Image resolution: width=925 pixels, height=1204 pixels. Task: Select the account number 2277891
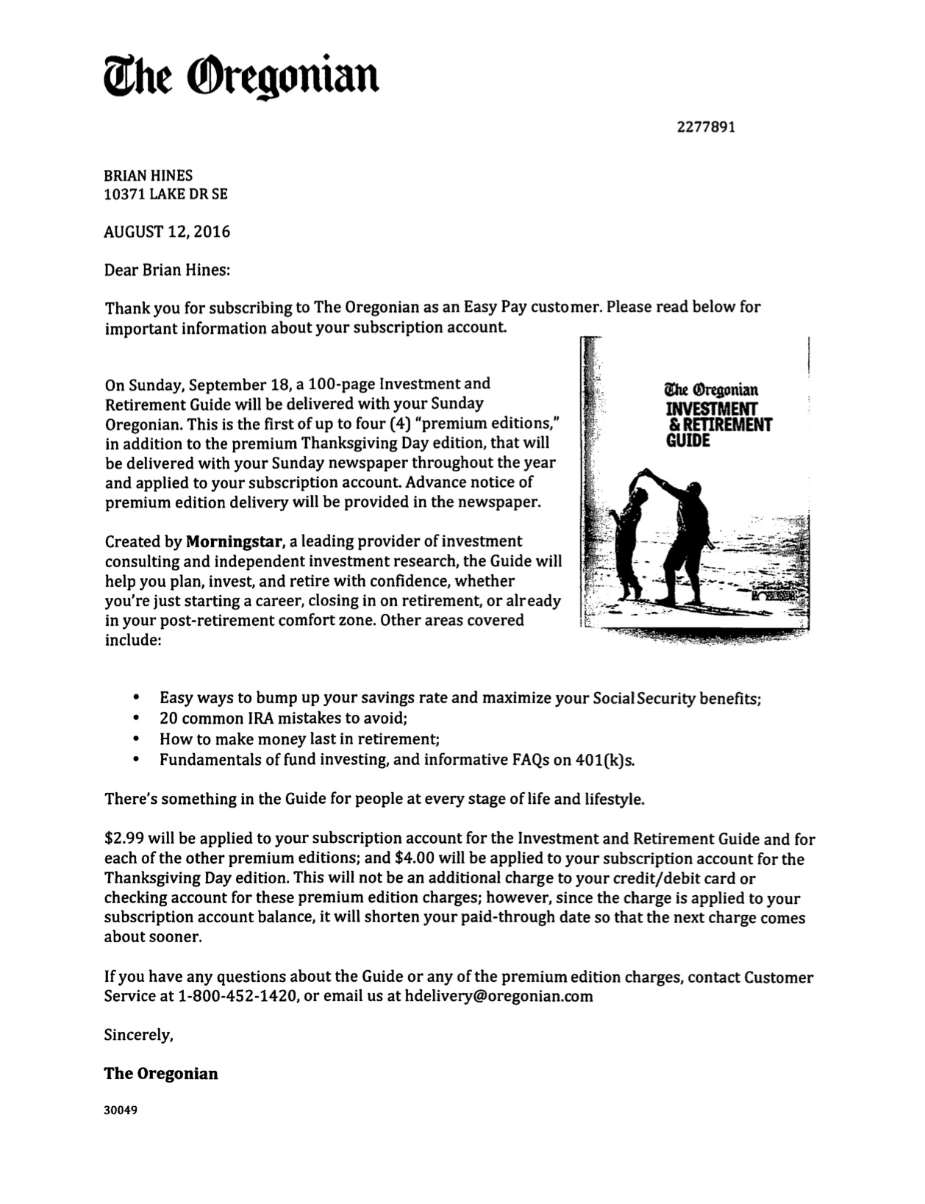[705, 127]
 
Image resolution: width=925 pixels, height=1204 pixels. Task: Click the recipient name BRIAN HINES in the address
[149, 175]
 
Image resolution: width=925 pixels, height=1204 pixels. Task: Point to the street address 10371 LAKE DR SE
[166, 194]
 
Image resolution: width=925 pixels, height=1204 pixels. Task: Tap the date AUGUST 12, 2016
[167, 232]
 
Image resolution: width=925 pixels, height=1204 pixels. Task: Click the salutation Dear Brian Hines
[167, 270]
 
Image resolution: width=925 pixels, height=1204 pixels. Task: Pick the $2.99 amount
[124, 838]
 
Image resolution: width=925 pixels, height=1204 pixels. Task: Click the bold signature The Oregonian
[161, 1073]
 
